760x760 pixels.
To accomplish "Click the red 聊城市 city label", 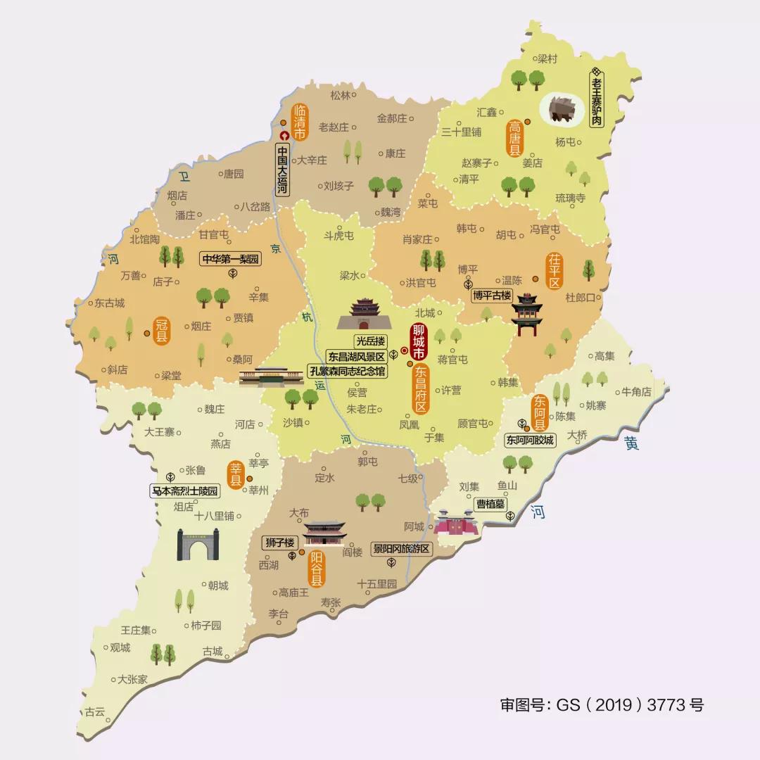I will (420, 341).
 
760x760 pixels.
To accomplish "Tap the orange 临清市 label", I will (300, 121).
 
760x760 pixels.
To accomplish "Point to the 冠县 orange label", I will (162, 330).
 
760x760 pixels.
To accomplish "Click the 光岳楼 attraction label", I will (370, 341).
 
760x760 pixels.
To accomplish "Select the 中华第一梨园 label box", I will (231, 259).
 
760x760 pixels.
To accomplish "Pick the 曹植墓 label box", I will (490, 504).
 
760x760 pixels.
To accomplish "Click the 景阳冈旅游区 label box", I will (401, 548).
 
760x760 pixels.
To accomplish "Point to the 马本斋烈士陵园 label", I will (185, 490).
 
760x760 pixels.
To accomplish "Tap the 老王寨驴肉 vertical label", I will (597, 99).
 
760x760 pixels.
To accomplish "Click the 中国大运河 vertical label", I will (282, 170).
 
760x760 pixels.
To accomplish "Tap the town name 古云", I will (94, 711).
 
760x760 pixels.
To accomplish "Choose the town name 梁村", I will (547, 59).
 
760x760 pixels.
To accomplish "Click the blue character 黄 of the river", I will (631, 444).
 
